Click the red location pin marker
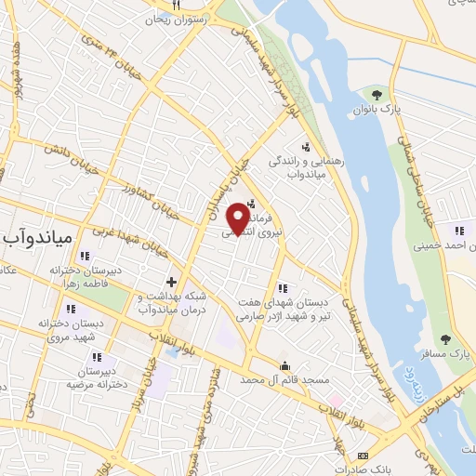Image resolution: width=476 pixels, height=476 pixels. coord(239,217)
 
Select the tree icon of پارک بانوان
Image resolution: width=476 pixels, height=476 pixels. coord(377,94)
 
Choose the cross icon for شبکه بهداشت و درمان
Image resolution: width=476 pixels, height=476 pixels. coord(171,281)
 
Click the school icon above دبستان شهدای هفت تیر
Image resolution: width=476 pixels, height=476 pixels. coord(282,288)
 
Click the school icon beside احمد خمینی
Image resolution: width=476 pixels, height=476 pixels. coord(458,231)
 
